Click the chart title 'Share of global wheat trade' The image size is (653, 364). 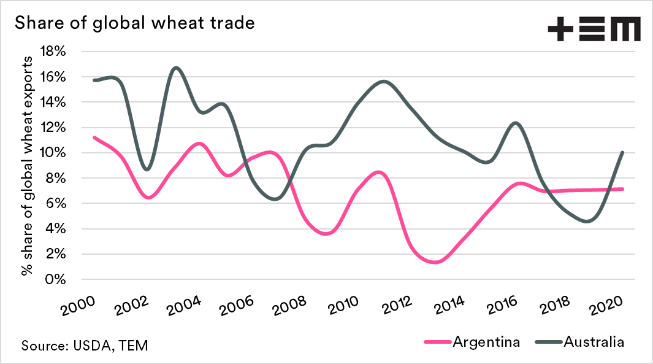pos(134,23)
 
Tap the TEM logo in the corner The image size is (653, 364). pos(594,29)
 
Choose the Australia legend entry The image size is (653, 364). pos(579,342)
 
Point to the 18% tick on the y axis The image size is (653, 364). pos(53,51)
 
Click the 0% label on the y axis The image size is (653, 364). pos(56,279)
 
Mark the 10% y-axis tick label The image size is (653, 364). pos(53,153)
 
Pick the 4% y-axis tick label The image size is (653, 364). pos(55,228)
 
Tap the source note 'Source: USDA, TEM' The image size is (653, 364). pos(85,345)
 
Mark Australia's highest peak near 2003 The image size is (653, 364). pos(176,68)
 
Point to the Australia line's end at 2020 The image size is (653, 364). pos(622,152)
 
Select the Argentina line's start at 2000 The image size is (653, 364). pos(94,137)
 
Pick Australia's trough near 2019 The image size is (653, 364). pos(589,221)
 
